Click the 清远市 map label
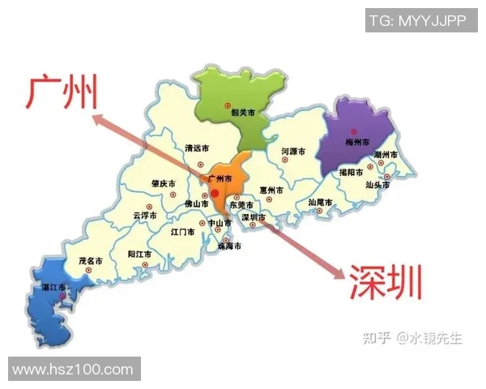tap(197, 148)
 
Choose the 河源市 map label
tap(293, 152)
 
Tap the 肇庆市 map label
tap(164, 184)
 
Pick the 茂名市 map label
tap(90, 261)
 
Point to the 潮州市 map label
tap(386, 155)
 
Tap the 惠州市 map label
tap(271, 190)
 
